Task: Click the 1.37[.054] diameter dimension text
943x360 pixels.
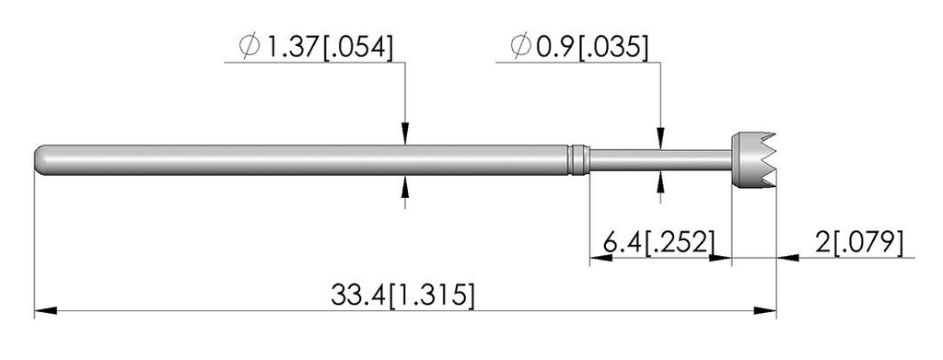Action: (x=330, y=48)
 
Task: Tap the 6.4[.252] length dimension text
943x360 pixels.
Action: (x=660, y=243)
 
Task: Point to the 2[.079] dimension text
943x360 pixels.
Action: (x=860, y=243)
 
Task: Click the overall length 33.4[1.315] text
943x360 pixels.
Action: (x=402, y=296)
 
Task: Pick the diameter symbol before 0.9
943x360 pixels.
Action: (x=521, y=47)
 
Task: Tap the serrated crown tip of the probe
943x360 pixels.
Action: (x=753, y=160)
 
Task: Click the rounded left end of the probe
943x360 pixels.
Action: (x=41, y=159)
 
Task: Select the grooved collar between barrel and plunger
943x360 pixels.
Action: (x=578, y=159)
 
